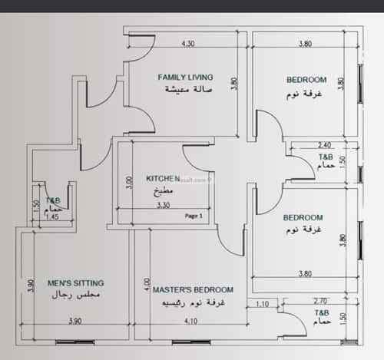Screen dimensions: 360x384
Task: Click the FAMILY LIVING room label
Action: click(185, 77)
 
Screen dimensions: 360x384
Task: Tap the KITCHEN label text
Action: click(163, 178)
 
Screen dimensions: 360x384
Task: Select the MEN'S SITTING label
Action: click(75, 282)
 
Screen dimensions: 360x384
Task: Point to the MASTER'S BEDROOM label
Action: click(193, 289)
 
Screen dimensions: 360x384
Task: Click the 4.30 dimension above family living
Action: click(187, 44)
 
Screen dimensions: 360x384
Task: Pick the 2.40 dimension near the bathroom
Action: click(324, 144)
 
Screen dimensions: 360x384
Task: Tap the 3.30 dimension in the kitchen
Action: click(163, 206)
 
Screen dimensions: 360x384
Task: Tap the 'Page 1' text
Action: click(194, 216)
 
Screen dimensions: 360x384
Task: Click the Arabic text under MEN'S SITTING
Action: click(76, 295)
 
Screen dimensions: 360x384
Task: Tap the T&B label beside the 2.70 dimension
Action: click(323, 314)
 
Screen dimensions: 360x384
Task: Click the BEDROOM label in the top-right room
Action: click(306, 79)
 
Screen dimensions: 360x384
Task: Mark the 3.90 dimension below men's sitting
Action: click(74, 320)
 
